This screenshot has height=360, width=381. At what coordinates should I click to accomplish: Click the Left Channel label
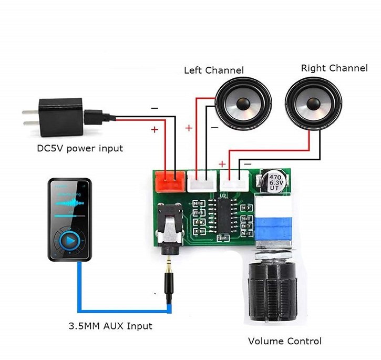pyautogui.click(x=213, y=70)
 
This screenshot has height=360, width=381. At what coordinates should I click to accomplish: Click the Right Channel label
pyautogui.click(x=334, y=68)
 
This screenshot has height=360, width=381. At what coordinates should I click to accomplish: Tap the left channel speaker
pyautogui.click(x=243, y=103)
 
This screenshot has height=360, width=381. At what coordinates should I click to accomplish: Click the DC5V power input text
pyautogui.click(x=80, y=148)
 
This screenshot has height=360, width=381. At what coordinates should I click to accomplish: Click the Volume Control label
pyautogui.click(x=284, y=342)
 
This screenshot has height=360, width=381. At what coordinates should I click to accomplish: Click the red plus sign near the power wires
pyautogui.click(x=155, y=129)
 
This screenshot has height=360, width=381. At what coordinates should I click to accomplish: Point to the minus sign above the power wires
pyautogui.click(x=155, y=108)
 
